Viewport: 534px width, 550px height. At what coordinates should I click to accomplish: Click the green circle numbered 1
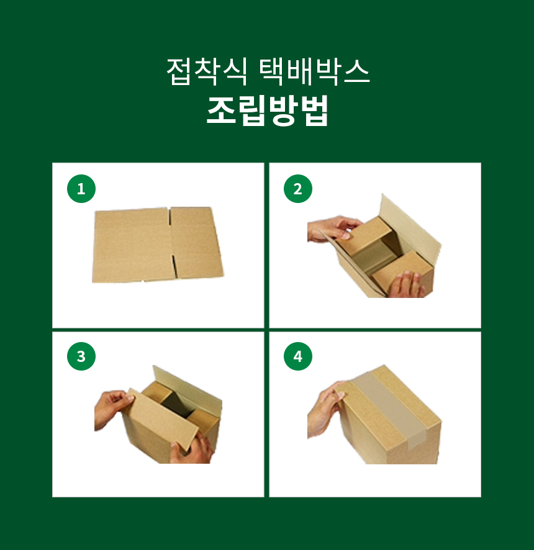click(x=81, y=189)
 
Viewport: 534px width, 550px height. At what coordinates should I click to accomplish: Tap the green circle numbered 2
click(x=298, y=189)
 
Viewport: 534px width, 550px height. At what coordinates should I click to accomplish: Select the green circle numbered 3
click(x=81, y=356)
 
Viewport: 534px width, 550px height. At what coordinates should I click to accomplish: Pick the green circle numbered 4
click(x=298, y=356)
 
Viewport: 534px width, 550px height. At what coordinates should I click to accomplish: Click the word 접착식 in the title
click(x=207, y=71)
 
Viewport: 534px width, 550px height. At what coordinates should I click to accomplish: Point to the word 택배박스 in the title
click(x=315, y=71)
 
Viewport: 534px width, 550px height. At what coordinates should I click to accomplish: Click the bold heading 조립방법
click(x=268, y=110)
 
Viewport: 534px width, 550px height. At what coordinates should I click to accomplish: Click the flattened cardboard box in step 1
click(x=158, y=245)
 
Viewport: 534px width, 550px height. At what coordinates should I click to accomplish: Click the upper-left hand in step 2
click(x=333, y=228)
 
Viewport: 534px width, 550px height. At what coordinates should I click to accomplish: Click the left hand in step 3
click(x=112, y=409)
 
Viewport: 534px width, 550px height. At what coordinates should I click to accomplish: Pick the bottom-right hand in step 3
click(x=192, y=448)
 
